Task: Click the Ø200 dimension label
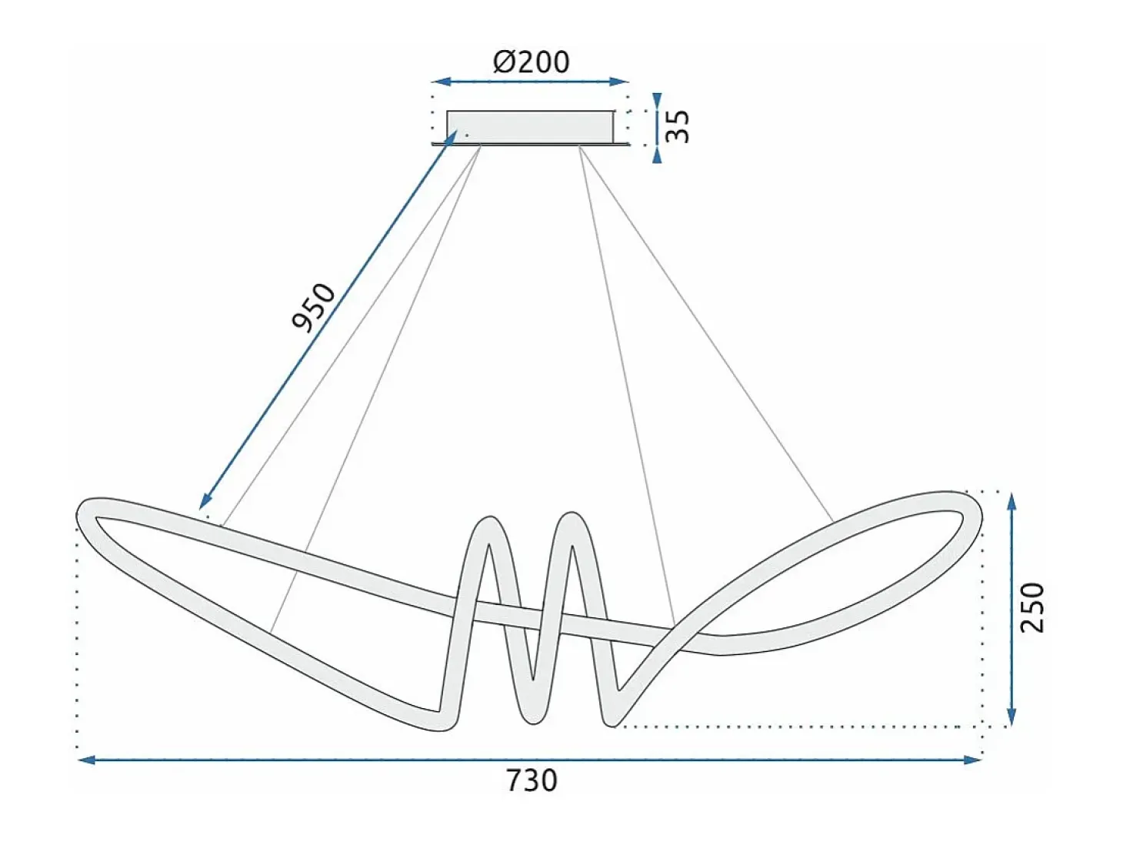531,62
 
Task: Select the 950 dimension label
313,307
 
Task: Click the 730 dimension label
532,781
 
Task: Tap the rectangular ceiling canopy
531,128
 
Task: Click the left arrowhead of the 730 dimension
86,760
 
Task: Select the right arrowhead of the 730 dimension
972,760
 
